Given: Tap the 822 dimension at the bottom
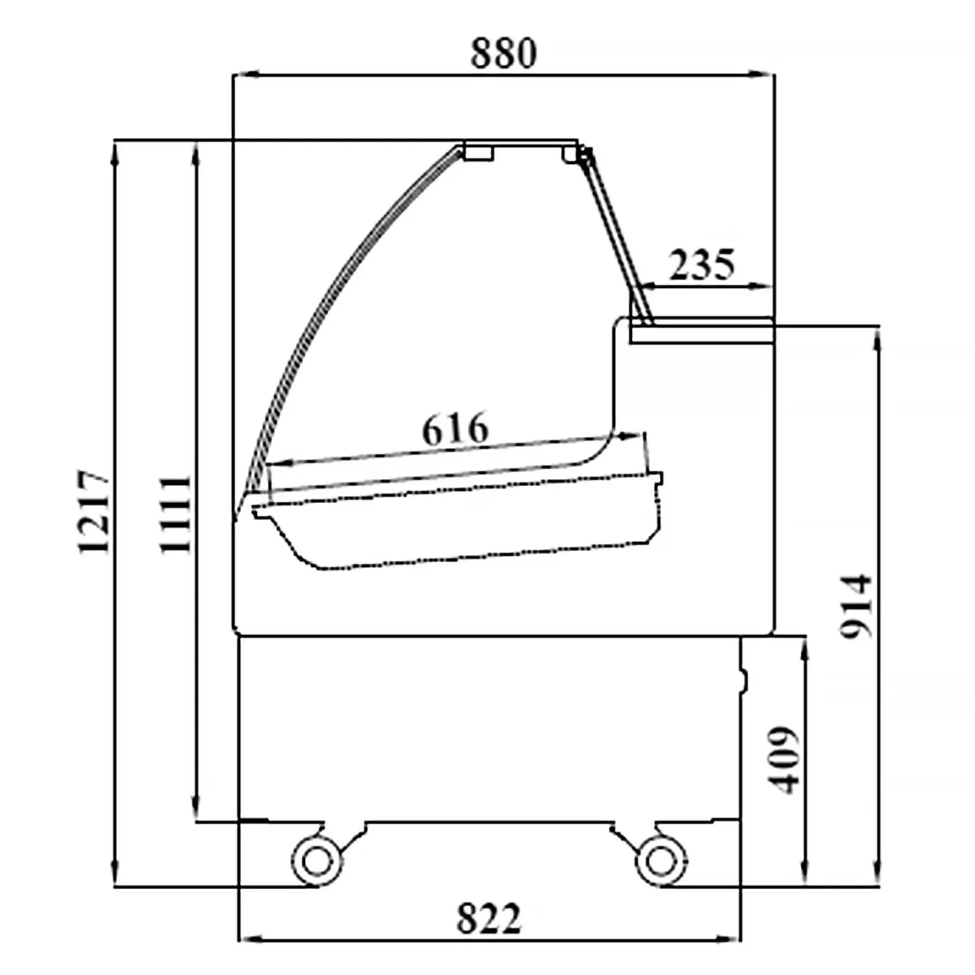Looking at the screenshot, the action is pos(489,918).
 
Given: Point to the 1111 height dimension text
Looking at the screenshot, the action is pos(175,514).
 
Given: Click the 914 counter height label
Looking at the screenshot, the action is pos(855,606).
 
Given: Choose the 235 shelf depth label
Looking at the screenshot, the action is pos(702,264).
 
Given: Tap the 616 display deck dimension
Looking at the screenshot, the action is pos(455,428).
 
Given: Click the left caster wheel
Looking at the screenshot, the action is pos(317,863).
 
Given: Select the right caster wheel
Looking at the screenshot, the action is pos(660,863).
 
